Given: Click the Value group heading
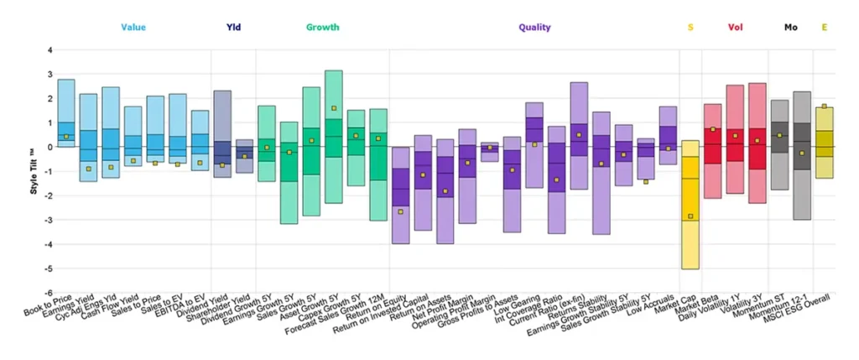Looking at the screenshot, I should tap(133, 28).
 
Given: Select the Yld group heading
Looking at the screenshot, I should tap(234, 28).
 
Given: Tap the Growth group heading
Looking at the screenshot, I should tap(322, 28).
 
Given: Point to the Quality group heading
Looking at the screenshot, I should tap(534, 28).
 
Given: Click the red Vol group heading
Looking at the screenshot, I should tap(736, 28).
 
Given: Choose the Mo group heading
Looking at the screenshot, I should tap(791, 28).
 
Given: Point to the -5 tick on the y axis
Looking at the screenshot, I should tap(49, 269).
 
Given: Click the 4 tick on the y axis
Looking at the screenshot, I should tap(50, 50).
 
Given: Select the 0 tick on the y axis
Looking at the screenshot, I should tap(50, 148).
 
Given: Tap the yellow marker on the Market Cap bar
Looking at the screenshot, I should tap(690, 217).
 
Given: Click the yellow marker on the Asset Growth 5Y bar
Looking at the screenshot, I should tap(333, 108).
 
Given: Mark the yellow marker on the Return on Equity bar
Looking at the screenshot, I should tap(401, 212).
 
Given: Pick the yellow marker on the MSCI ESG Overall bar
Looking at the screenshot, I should tap(824, 107).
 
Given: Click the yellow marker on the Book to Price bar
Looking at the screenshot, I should tap(66, 137).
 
